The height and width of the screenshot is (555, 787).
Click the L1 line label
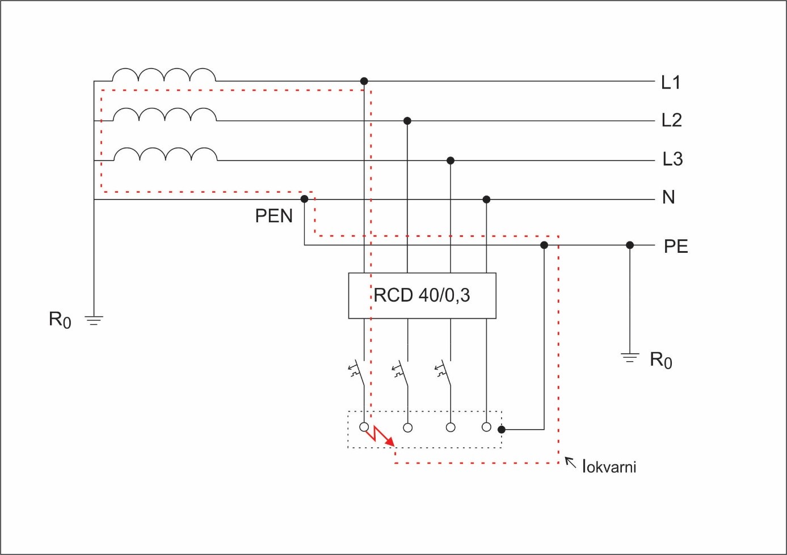point(671,83)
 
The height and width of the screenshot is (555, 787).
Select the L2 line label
point(671,120)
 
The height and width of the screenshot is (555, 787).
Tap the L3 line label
point(672,159)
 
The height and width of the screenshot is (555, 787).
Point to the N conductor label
point(668,197)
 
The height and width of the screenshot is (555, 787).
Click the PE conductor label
point(676,247)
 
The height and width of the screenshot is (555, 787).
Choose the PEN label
point(273,216)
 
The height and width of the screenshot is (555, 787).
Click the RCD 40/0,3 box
point(422,295)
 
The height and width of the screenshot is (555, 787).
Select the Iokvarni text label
point(609,467)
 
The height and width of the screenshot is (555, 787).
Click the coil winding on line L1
point(164,75)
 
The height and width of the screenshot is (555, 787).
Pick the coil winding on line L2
point(165,115)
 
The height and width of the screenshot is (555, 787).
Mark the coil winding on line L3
point(165,154)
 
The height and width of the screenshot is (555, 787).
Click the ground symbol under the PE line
point(629,358)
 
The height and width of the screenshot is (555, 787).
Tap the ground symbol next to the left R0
point(94,320)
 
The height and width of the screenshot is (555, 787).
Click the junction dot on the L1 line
point(364,82)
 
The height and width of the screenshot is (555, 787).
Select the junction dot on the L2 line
point(407,121)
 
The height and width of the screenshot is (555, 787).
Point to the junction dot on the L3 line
point(451,161)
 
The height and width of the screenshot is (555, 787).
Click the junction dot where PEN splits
point(305,199)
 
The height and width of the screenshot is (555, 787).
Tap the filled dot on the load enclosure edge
point(502,430)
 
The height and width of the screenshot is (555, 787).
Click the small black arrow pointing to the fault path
point(570,463)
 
